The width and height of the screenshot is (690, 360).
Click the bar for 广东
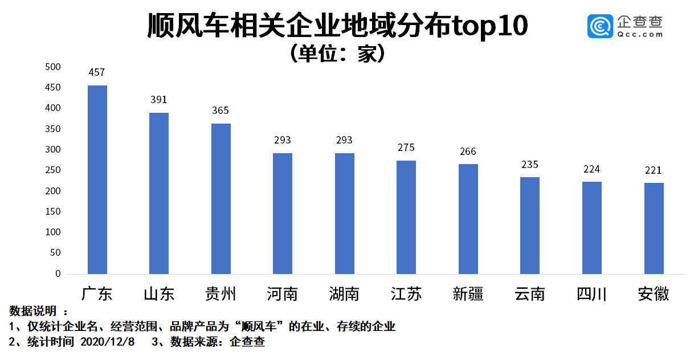(x=97, y=179)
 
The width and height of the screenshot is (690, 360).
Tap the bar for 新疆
(x=468, y=219)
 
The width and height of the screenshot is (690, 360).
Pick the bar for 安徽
(x=654, y=228)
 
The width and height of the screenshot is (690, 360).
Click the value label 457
(x=97, y=72)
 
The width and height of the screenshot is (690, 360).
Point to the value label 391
(x=159, y=100)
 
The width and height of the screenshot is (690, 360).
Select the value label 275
(x=406, y=148)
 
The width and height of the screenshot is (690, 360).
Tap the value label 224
(x=591, y=169)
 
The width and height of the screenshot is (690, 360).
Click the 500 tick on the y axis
(x=52, y=67)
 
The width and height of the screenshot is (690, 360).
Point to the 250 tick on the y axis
(x=52, y=170)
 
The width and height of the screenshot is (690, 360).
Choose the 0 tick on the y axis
(x=58, y=274)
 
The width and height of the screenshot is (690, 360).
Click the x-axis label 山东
(x=159, y=294)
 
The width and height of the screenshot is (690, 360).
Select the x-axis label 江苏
(x=406, y=294)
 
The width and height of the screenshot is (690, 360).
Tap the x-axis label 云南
(x=530, y=294)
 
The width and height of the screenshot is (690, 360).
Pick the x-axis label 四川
(x=591, y=294)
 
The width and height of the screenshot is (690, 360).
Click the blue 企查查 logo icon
(x=600, y=26)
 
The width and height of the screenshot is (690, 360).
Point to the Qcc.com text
(x=639, y=34)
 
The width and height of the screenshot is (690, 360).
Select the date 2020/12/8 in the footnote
(x=108, y=342)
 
